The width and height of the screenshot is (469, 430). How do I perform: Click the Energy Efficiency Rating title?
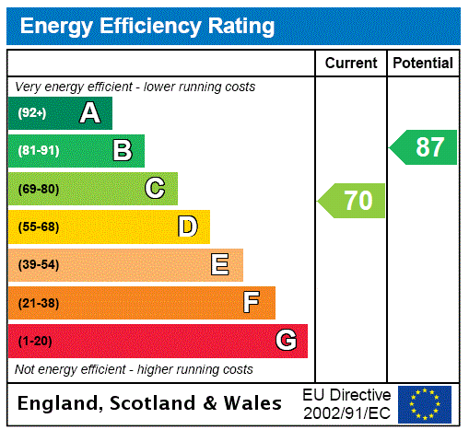[147, 26]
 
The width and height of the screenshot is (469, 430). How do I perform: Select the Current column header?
[351, 64]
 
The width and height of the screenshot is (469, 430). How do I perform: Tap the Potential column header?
[423, 64]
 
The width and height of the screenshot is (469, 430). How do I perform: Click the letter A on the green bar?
[89, 113]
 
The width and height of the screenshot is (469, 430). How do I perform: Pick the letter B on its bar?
[122, 151]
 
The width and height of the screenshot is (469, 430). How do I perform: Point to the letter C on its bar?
[155, 189]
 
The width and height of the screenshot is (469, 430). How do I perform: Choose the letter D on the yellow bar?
[187, 227]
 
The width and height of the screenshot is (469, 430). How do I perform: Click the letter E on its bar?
[220, 265]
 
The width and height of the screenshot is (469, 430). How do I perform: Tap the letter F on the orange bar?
[252, 303]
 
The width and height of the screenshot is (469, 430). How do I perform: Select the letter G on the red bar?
[286, 341]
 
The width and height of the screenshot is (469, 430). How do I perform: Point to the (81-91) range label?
[38, 151]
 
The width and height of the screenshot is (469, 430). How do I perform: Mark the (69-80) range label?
[38, 189]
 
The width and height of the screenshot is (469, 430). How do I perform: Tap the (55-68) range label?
[38, 227]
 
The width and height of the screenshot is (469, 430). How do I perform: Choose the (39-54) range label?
[38, 265]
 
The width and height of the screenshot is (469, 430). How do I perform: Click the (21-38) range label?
[38, 303]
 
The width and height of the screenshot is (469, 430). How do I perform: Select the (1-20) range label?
[35, 341]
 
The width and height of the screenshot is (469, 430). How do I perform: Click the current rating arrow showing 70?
[352, 201]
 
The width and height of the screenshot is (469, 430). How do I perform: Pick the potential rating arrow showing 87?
[424, 147]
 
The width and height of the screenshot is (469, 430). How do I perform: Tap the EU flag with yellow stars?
[425, 403]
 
